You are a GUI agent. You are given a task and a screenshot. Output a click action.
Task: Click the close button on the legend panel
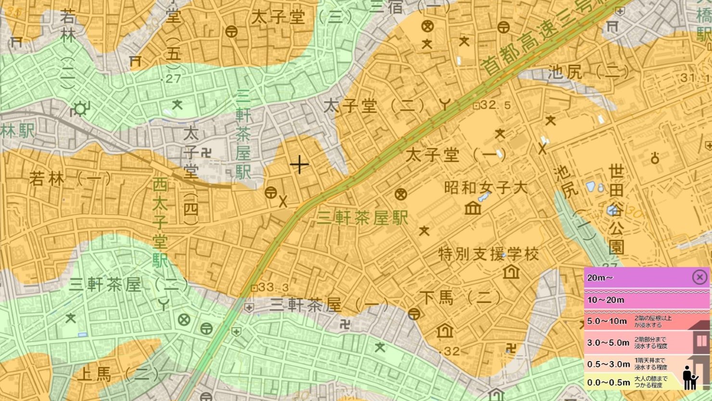(699, 277)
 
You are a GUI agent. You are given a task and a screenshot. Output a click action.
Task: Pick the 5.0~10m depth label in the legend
(607, 321)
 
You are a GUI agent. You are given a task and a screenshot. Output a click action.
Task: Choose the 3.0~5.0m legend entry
(608, 343)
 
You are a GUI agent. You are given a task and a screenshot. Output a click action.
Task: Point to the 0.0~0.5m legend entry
(608, 382)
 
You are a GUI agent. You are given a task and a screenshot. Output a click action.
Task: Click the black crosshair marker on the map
(299, 165)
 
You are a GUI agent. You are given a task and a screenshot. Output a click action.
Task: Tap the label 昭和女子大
(485, 187)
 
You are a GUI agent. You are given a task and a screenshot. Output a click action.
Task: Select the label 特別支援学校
(488, 254)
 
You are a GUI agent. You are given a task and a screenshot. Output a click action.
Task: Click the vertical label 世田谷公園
(616, 209)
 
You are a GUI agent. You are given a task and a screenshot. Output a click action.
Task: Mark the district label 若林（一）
(70, 179)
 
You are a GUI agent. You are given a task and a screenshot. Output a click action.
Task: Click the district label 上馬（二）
(118, 374)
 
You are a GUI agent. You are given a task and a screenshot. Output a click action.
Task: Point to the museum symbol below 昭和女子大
(473, 208)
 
